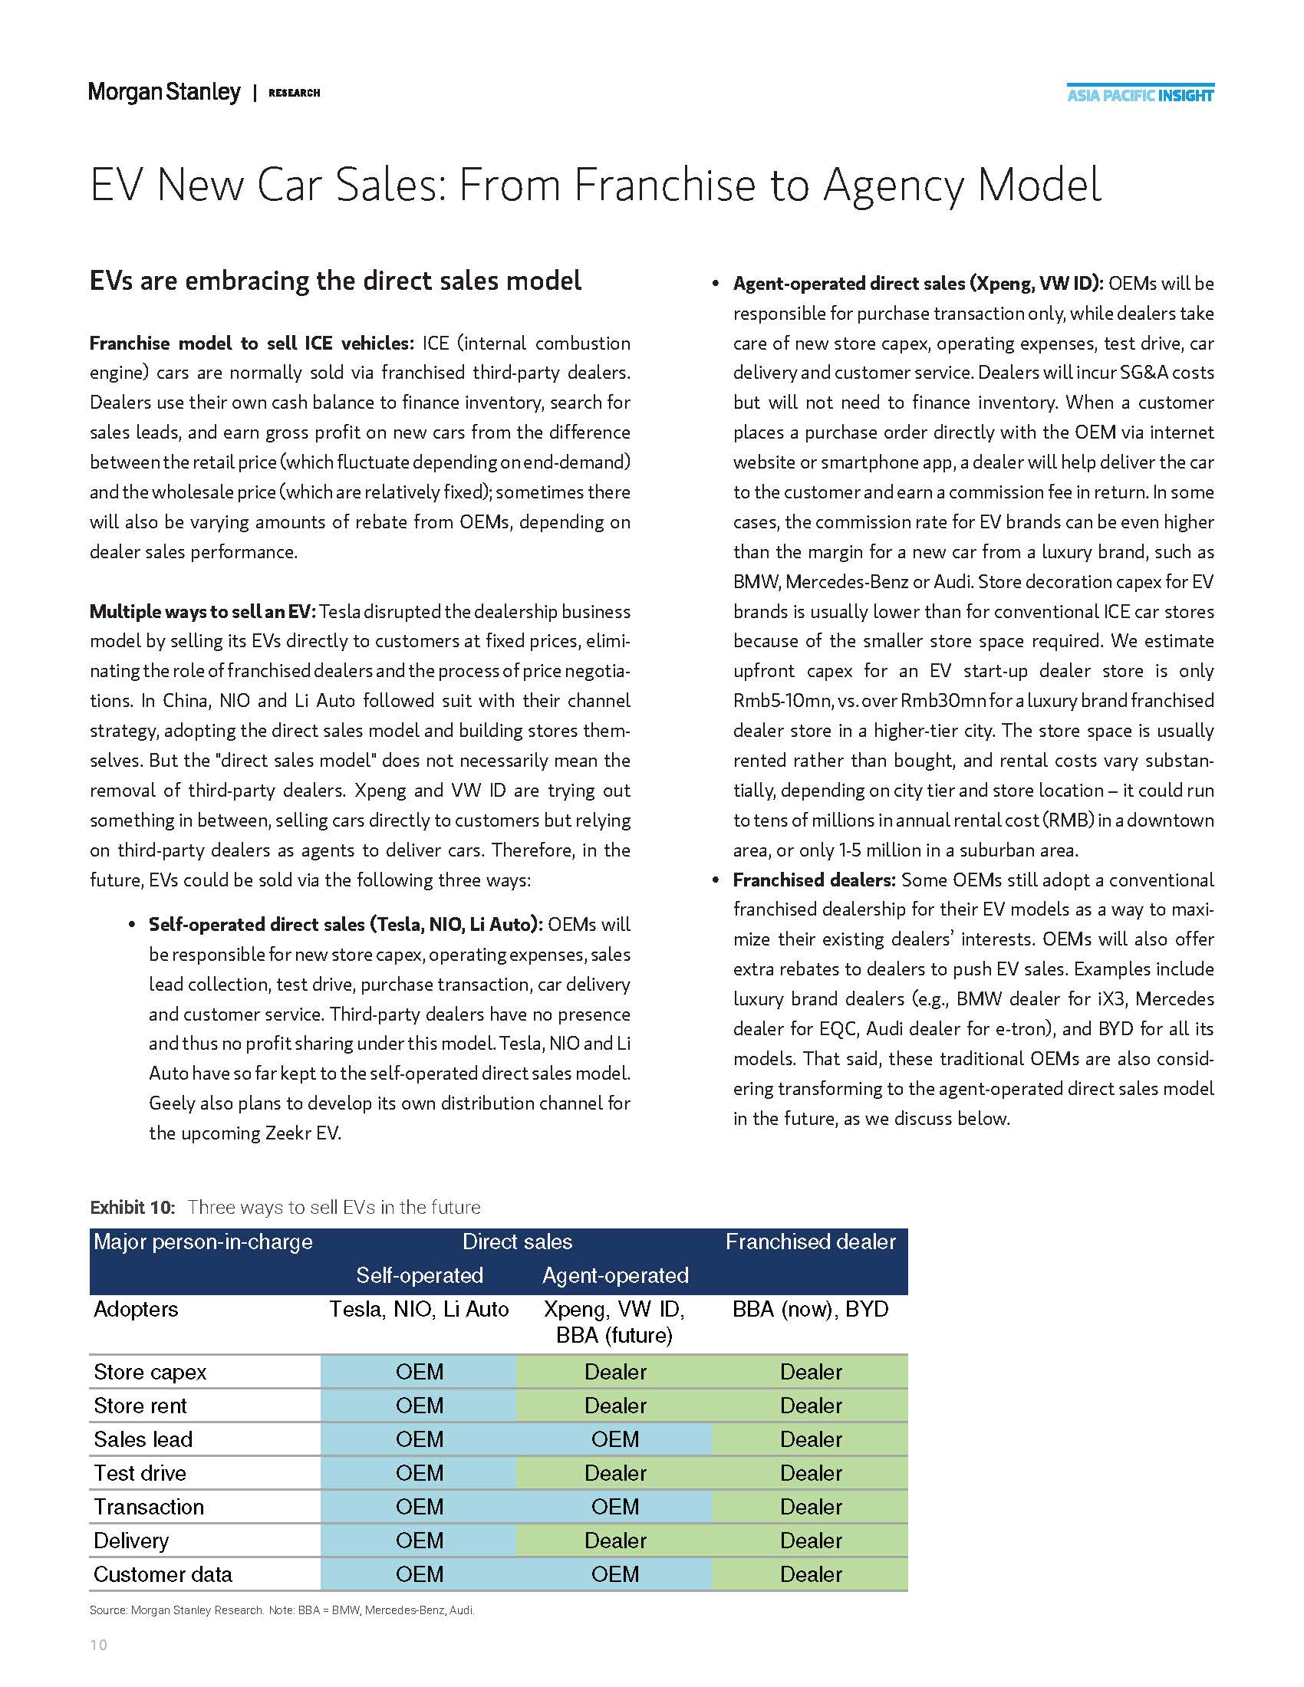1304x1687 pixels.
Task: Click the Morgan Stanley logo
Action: tap(164, 92)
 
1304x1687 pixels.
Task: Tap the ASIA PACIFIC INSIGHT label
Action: tap(1139, 95)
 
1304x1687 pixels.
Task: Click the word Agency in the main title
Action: tap(891, 185)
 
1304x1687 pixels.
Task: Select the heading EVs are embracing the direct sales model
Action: tap(335, 281)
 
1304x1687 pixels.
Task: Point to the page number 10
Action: tap(99, 1645)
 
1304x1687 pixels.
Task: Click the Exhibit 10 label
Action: tap(132, 1207)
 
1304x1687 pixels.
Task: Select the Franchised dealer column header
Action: tap(809, 1241)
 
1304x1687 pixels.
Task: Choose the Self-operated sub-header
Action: tap(420, 1275)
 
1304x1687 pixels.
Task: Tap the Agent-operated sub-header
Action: tap(615, 1275)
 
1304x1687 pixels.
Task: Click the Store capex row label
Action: tap(150, 1372)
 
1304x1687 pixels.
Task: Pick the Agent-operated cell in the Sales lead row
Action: tap(615, 1439)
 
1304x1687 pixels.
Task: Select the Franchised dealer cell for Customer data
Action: tap(809, 1574)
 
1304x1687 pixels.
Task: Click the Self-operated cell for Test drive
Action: tap(420, 1473)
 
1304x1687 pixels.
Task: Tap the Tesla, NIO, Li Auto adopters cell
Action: tap(420, 1309)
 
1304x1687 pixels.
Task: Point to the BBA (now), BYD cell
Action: tap(809, 1309)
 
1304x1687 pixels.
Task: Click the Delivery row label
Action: tap(130, 1541)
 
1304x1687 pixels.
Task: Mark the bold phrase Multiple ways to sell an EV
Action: tap(203, 612)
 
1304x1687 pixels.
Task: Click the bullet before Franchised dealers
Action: tap(716, 880)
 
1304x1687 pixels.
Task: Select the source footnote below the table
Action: tap(282, 1610)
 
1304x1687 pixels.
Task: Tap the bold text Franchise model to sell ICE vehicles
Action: tap(252, 343)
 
